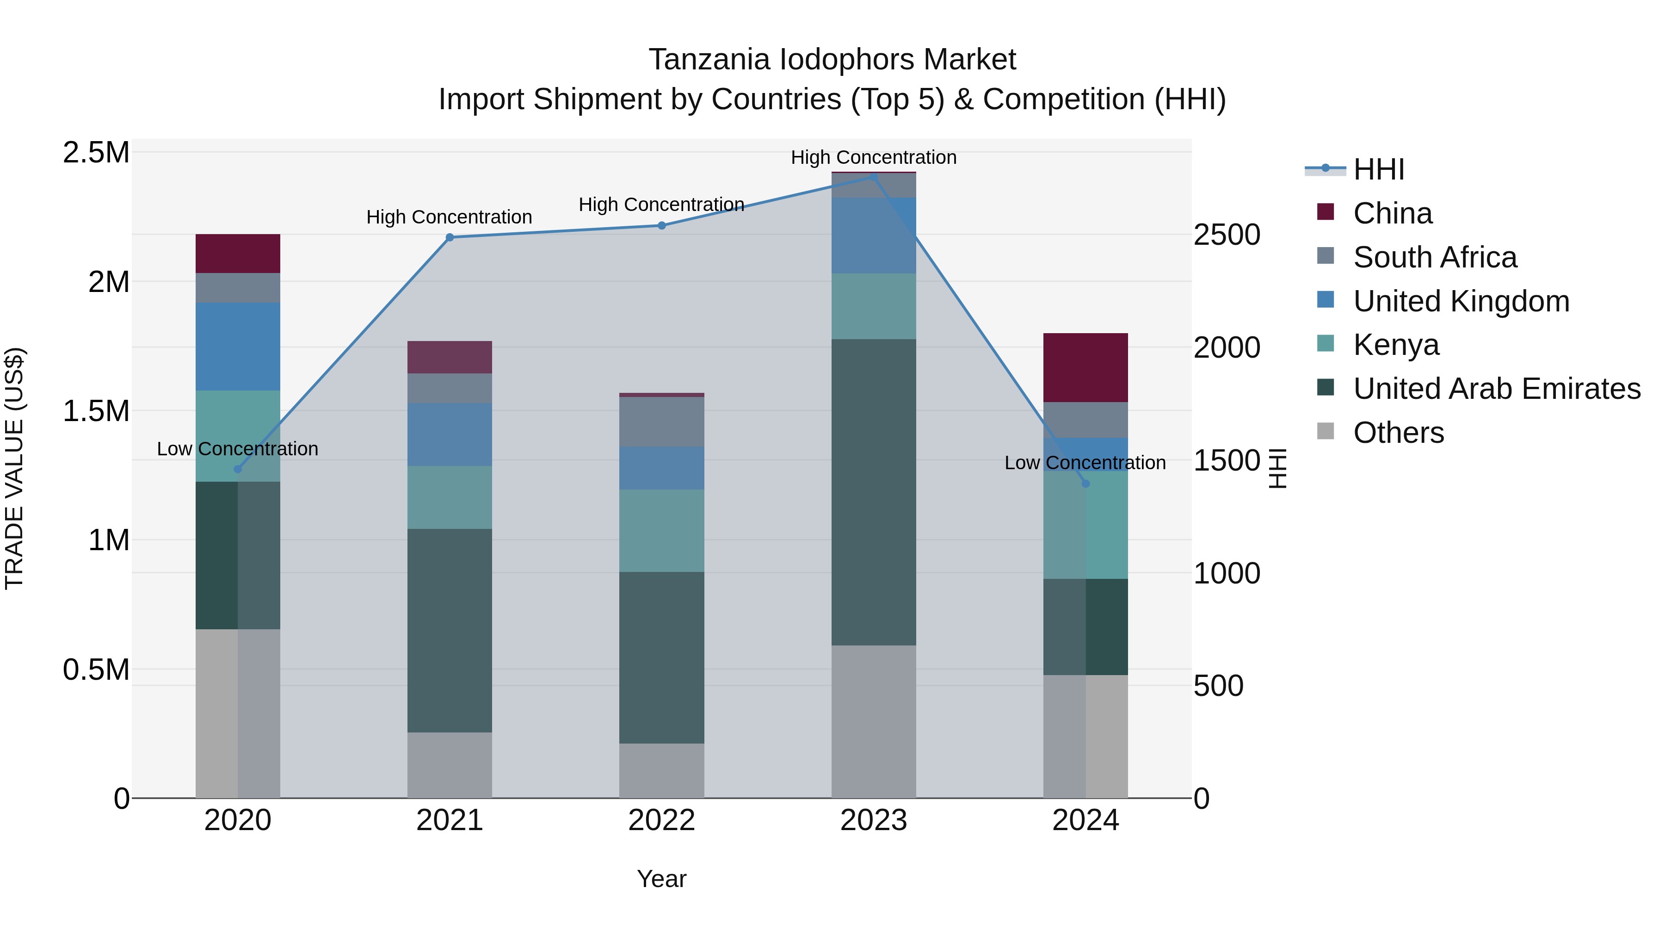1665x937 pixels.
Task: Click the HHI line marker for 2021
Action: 450,237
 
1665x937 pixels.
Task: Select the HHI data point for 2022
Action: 662,226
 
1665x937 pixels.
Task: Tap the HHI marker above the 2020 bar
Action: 238,469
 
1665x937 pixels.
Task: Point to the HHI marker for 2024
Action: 1086,484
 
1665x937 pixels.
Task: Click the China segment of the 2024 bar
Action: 1086,368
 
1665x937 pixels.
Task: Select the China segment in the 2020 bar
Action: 238,254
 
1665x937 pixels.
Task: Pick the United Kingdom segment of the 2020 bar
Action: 238,347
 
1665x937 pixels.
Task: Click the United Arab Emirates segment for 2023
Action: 874,492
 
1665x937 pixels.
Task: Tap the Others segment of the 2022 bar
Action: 662,771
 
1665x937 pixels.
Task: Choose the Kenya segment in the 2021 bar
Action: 450,497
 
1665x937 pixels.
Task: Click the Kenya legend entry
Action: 1396,345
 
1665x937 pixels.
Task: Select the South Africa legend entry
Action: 1435,257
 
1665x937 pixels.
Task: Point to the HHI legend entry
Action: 1379,169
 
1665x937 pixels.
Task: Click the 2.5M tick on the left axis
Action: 96,153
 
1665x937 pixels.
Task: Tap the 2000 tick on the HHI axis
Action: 1227,348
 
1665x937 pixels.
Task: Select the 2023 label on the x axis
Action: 874,820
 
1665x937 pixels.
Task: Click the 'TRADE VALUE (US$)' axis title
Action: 15,468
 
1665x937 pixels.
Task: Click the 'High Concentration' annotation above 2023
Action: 874,157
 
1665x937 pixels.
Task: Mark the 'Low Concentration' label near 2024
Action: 1085,463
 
